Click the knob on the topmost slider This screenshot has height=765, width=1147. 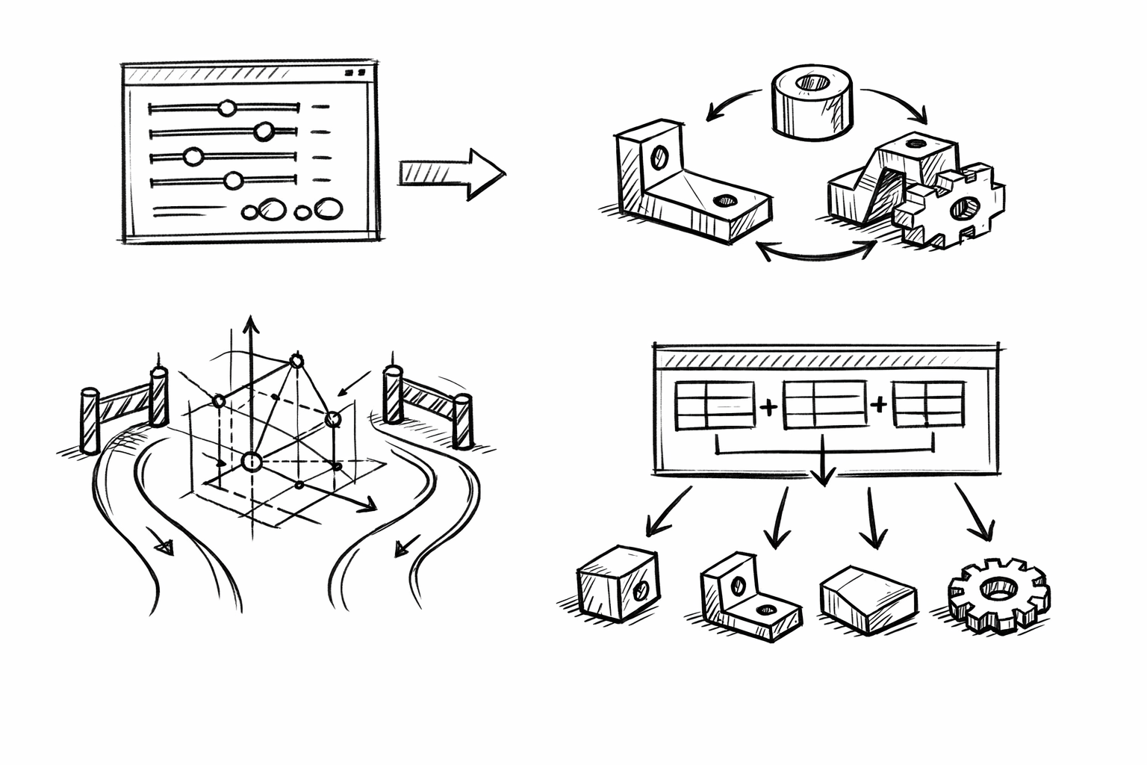[227, 108]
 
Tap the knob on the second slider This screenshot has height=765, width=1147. [263, 132]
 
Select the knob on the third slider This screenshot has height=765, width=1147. [193, 157]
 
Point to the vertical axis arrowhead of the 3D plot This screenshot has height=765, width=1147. [251, 324]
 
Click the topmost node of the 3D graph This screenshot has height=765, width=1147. [297, 362]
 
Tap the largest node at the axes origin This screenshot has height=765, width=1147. [252, 462]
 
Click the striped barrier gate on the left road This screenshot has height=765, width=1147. [124, 405]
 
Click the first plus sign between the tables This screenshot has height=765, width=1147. [768, 406]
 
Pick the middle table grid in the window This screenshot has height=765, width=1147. [824, 405]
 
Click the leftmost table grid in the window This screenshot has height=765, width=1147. [715, 406]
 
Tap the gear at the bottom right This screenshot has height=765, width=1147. [998, 594]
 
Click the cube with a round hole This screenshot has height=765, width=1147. [617, 582]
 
